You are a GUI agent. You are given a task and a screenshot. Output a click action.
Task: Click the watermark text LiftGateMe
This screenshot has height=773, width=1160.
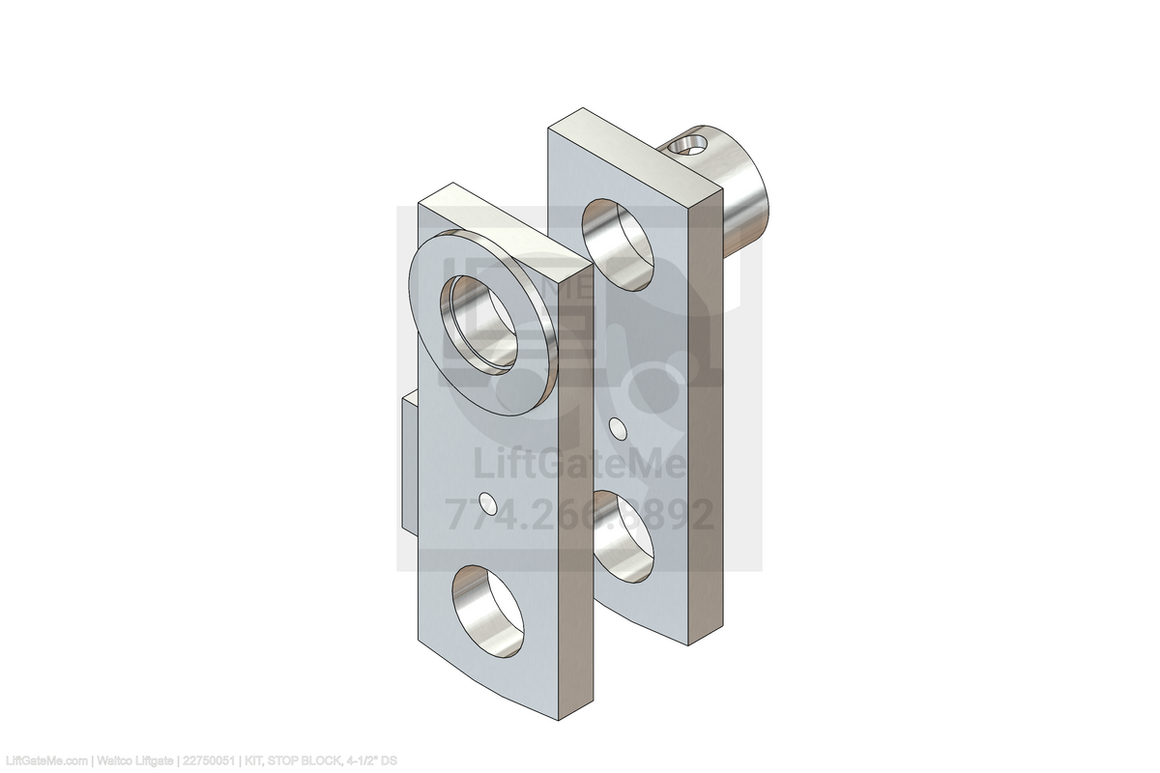click(579, 465)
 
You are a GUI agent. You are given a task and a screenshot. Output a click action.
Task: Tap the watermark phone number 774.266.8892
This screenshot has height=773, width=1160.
click(579, 514)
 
